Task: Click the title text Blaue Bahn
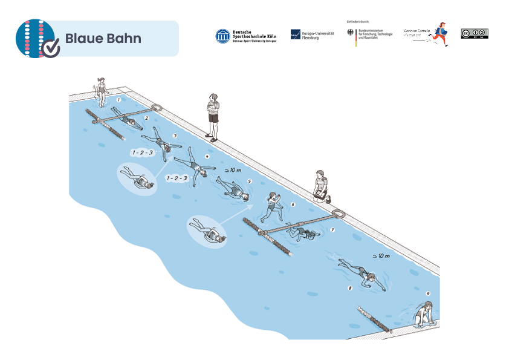point(103,39)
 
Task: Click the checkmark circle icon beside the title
point(53,47)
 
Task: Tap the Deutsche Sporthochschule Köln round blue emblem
point(222,36)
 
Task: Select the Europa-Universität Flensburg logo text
point(318,35)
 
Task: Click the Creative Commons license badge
point(474,33)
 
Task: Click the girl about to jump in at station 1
point(102,90)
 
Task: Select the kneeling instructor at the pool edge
point(320,187)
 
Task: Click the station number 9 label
point(428,294)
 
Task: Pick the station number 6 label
point(293,205)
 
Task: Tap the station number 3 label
point(175,136)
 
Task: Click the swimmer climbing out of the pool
point(421,314)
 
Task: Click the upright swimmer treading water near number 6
point(271,206)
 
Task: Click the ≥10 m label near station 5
point(233,171)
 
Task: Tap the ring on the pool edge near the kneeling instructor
point(339,213)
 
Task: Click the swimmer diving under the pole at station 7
point(302,232)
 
